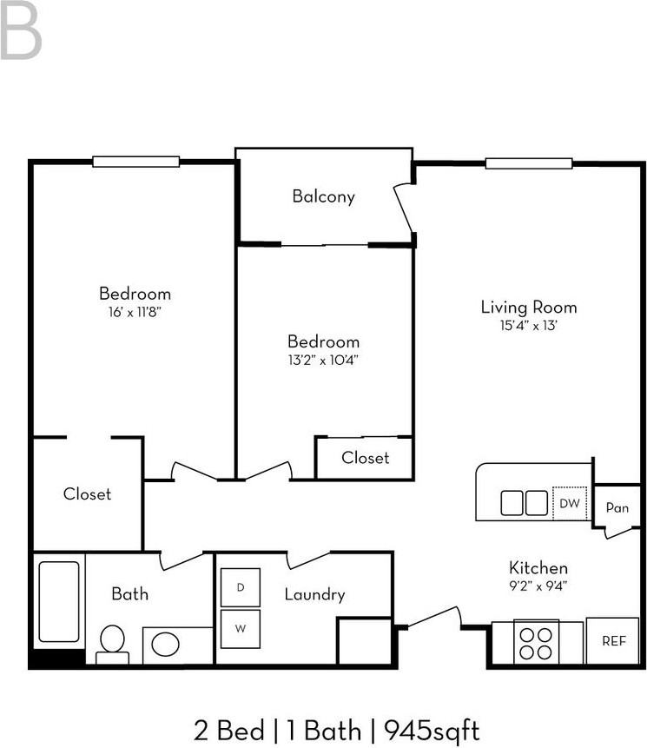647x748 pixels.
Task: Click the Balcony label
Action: [323, 196]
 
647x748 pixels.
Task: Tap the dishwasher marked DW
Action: [570, 503]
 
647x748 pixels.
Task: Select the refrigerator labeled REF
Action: [612, 640]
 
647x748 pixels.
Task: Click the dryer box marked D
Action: [241, 587]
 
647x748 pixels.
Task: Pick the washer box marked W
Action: [241, 629]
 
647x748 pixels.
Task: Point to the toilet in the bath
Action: [113, 645]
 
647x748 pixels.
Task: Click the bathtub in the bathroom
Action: [59, 601]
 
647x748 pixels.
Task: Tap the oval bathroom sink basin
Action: [166, 644]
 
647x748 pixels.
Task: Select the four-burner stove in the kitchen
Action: [536, 642]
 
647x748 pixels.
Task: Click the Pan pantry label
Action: [617, 507]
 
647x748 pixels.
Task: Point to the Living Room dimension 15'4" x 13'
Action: [528, 325]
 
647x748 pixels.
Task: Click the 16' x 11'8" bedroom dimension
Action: [135, 312]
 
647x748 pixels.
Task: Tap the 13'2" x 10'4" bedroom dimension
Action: [323, 360]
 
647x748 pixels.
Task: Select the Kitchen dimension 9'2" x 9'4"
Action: [538, 586]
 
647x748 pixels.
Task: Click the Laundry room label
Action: [314, 594]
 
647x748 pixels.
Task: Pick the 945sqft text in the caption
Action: [432, 731]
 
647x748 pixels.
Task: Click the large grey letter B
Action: [21, 30]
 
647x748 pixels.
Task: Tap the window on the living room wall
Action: [529, 163]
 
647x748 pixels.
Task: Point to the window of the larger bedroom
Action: [135, 162]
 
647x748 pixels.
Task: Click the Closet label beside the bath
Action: [87, 493]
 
